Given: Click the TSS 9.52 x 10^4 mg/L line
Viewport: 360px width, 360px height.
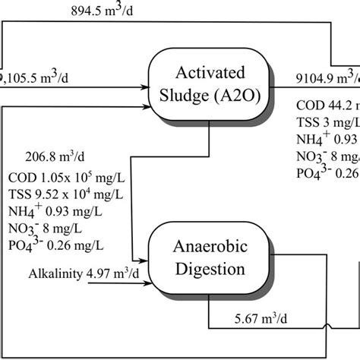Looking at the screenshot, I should coord(61,196).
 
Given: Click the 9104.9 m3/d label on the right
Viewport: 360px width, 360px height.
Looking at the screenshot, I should coord(327,77).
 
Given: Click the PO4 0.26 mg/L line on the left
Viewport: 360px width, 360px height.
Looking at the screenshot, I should coord(55,245).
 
